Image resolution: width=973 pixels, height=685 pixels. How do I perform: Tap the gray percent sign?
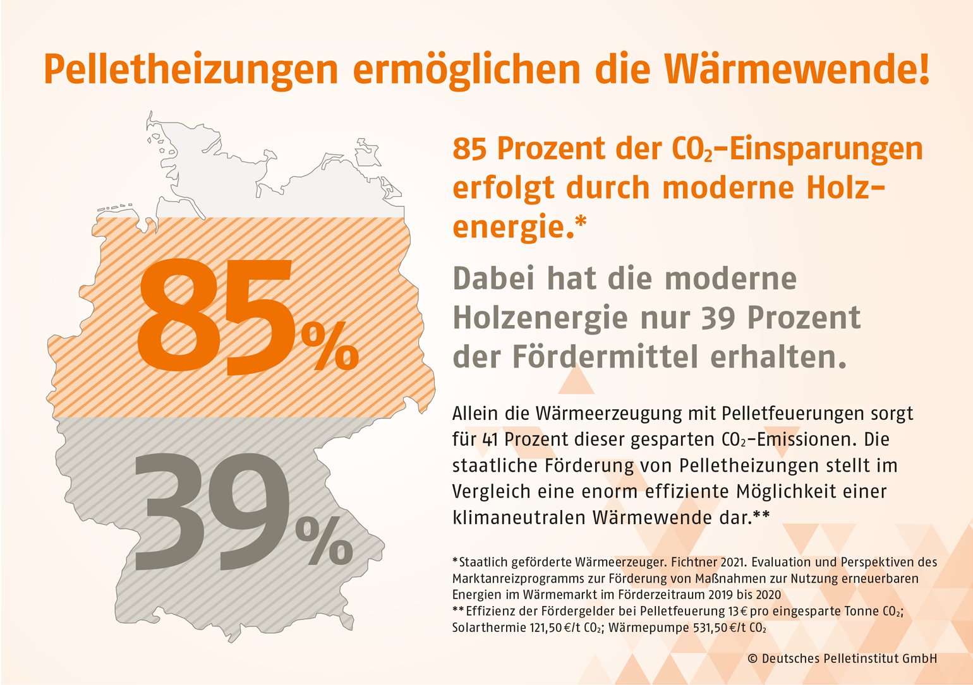tap(324, 541)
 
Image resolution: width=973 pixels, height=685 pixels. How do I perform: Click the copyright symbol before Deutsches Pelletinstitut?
tap(752, 658)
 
